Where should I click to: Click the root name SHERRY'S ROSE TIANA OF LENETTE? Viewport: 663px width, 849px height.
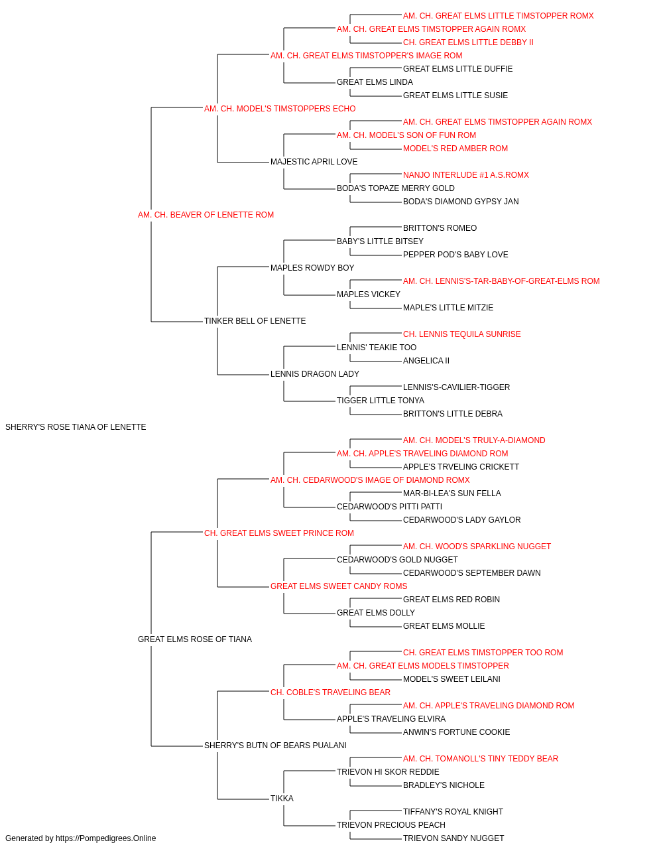[x=76, y=427]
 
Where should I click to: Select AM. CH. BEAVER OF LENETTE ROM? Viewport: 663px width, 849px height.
[x=206, y=215]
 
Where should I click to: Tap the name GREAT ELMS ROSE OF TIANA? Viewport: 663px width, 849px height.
[x=195, y=639]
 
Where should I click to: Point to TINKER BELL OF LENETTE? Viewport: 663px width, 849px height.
[x=255, y=321]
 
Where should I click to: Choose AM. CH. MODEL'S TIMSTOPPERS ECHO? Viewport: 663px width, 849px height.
[x=280, y=109]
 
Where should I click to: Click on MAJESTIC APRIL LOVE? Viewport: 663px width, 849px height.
[x=314, y=162]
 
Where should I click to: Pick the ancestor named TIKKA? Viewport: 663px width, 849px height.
[x=282, y=798]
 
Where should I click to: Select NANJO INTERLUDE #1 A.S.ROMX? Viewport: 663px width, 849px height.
[x=466, y=175]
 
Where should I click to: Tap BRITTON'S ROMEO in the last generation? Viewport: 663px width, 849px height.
[x=440, y=228]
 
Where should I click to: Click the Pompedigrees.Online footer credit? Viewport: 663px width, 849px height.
[x=80, y=838]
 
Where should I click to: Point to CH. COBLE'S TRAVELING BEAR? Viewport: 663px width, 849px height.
[x=330, y=692]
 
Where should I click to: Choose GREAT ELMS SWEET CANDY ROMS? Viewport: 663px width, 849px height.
[x=339, y=586]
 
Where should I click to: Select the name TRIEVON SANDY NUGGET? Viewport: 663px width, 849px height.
[x=453, y=838]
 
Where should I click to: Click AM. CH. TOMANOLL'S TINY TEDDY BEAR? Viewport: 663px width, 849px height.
[x=481, y=758]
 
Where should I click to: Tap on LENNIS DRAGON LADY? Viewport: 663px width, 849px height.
[x=315, y=374]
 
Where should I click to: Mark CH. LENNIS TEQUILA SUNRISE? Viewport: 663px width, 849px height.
[x=462, y=334]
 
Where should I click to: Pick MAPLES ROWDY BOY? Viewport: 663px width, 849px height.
[x=312, y=268]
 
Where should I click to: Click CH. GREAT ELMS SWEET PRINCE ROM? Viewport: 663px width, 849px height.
[x=279, y=533]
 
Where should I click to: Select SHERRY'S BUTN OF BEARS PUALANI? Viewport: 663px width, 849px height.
[x=275, y=746]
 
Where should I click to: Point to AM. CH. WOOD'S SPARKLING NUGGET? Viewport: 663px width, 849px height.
[x=477, y=546]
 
